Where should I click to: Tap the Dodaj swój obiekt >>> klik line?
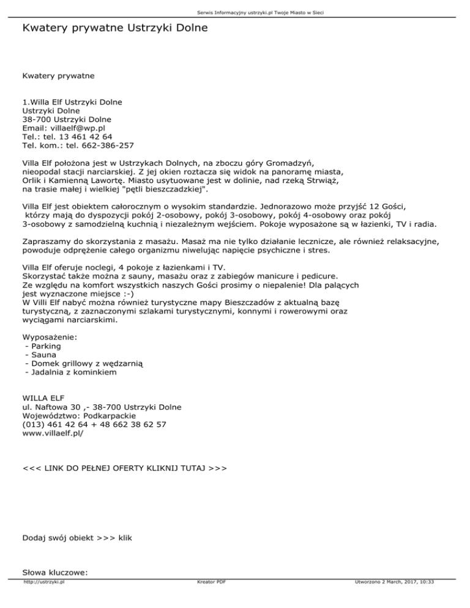click(x=76, y=538)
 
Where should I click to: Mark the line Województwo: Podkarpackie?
click(x=70, y=415)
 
